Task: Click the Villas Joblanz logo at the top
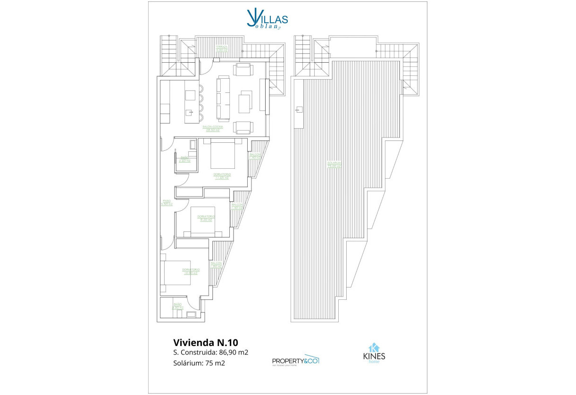[x=267, y=19]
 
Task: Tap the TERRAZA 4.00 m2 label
[x=222, y=48]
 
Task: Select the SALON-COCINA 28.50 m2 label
[x=214, y=128]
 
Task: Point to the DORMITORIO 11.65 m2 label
[x=222, y=176]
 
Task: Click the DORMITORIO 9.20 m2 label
[x=206, y=218]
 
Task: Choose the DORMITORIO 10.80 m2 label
[x=191, y=271]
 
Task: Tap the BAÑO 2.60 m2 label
[x=184, y=159]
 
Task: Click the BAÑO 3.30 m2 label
[x=177, y=306]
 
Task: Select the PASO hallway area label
[x=167, y=203]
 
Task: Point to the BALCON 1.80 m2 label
[x=217, y=265]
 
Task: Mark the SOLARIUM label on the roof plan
[x=334, y=165]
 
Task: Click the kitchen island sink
[x=190, y=112]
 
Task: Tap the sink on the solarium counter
[x=298, y=110]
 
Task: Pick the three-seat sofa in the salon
[x=222, y=99]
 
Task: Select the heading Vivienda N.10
[x=202, y=341]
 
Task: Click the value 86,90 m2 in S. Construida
[x=233, y=352]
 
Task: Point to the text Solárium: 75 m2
[x=199, y=363]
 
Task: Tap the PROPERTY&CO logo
[x=296, y=360]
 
